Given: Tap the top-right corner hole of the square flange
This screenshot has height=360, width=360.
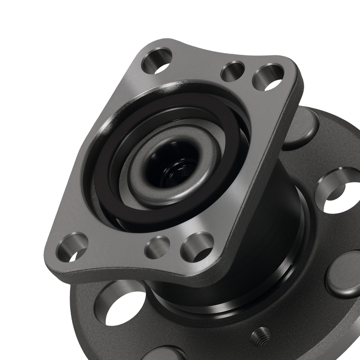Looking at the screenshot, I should point(268,77).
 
